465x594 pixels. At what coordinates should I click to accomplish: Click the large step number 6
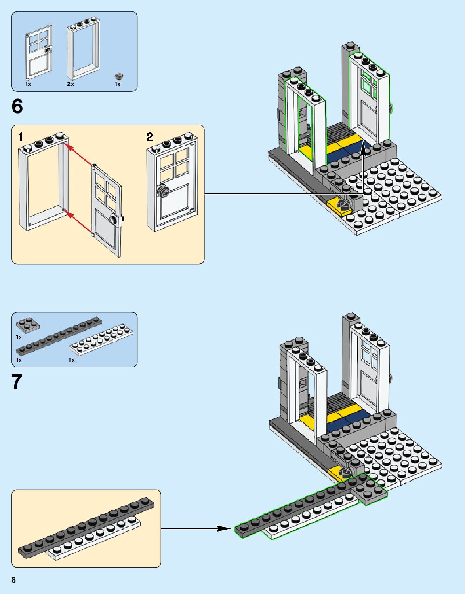[x=17, y=106]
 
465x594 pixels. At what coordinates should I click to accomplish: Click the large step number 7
[x=17, y=382]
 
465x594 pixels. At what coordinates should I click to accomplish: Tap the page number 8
[x=14, y=580]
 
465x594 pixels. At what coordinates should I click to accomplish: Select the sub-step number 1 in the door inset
[x=21, y=137]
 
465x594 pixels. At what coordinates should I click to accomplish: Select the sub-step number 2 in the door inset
[x=150, y=137]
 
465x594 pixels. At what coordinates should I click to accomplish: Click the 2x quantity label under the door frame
[x=70, y=84]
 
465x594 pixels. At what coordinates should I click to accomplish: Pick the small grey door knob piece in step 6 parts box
[x=119, y=76]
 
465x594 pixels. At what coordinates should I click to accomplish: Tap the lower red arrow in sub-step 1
[x=79, y=222]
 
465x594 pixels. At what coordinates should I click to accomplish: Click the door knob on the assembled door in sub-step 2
[x=162, y=191]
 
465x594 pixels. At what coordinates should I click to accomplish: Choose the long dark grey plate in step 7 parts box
[x=59, y=336]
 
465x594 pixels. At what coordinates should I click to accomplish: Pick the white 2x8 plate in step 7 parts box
[x=101, y=340]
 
